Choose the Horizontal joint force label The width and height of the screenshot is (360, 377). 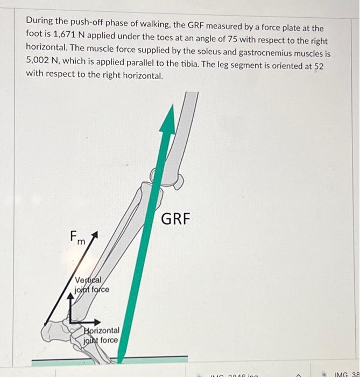tap(102, 334)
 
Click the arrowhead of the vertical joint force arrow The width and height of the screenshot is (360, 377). tap(70, 296)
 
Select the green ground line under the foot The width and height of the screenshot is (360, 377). tap(156, 359)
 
